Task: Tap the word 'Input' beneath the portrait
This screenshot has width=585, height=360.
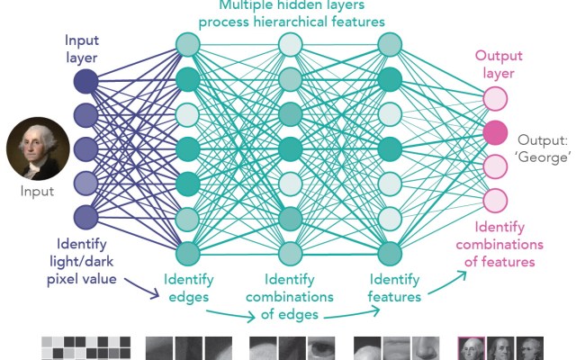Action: coord(38,191)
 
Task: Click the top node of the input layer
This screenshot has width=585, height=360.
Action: coord(85,82)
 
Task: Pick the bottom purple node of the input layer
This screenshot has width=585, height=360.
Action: coord(85,217)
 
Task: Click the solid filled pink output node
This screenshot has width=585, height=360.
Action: coord(494,132)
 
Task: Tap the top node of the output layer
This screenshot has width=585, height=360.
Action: coord(494,98)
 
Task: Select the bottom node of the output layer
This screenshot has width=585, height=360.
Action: coord(494,200)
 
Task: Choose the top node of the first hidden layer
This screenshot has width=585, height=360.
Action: coord(186,44)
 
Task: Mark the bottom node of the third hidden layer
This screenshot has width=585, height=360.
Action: coord(389,252)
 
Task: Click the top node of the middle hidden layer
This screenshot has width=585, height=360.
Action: coord(289,44)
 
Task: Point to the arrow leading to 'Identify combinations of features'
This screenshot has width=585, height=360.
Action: coord(445,281)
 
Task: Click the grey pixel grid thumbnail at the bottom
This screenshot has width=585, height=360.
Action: coord(86,348)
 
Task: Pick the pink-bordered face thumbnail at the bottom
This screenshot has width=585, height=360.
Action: coord(472,348)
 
